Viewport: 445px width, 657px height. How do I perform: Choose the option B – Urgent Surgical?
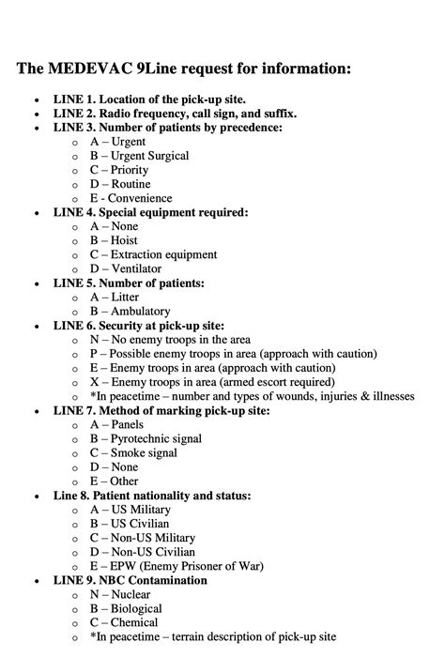(x=139, y=156)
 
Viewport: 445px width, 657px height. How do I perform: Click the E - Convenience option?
(x=130, y=198)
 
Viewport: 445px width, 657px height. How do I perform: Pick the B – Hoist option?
(x=118, y=240)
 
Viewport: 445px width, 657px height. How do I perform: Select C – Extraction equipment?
(x=153, y=254)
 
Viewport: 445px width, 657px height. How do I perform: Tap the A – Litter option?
(x=117, y=297)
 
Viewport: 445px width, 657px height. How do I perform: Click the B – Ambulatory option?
(x=130, y=311)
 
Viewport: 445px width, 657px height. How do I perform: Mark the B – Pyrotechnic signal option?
(x=145, y=438)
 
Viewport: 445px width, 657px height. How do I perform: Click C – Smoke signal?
(x=131, y=452)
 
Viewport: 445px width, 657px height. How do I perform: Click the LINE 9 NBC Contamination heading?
(x=130, y=580)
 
